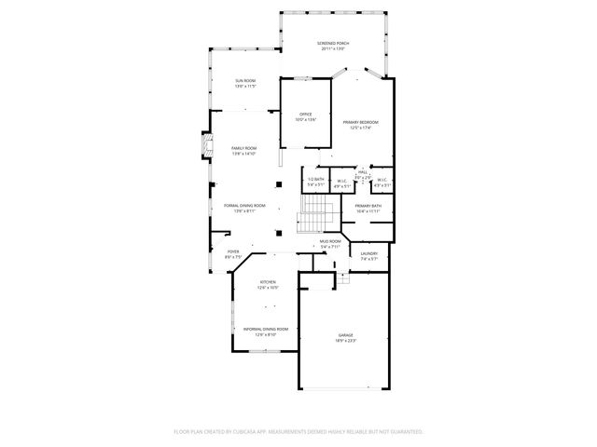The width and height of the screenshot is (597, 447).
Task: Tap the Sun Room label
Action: point(245,82)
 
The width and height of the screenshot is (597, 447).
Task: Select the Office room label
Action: point(306,114)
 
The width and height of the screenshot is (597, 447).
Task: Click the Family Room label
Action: point(244,148)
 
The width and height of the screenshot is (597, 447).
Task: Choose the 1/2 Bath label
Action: point(316,180)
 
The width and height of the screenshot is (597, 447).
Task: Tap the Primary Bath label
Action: point(368,206)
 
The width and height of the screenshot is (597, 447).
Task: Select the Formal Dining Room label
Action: point(244,206)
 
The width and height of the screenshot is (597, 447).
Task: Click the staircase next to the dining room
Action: point(310,223)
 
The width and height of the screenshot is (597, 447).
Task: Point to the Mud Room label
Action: point(331,241)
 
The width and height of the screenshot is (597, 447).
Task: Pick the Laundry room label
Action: point(369,253)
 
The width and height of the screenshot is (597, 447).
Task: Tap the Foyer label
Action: point(220,251)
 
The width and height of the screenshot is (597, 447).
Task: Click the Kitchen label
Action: point(268,282)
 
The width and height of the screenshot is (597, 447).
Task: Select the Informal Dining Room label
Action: point(266,329)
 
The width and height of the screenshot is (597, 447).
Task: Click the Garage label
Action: point(345,335)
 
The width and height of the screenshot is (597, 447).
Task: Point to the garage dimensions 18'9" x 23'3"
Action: point(345,341)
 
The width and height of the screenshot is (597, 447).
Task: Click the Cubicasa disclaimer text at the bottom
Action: point(298,431)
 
